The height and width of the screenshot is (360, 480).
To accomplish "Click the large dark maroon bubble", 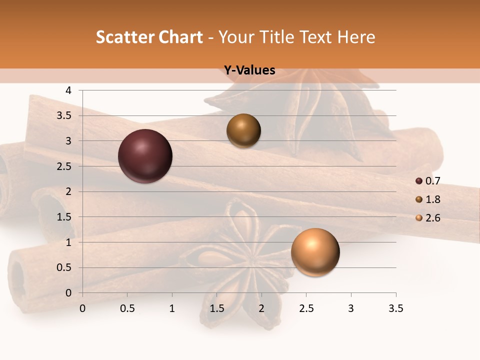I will (145, 156).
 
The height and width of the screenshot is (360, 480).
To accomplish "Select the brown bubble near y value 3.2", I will (243, 130).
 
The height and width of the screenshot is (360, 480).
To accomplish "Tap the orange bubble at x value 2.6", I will (315, 252).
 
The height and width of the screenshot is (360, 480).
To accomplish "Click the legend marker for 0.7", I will (419, 181).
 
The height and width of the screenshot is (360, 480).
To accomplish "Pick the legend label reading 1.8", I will (432, 199).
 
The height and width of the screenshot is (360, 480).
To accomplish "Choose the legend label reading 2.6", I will (432, 218).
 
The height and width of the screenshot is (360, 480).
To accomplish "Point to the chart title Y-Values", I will (249, 70).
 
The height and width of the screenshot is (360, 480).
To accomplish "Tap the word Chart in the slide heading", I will (180, 37).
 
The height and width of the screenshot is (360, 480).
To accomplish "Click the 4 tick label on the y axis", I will (68, 90).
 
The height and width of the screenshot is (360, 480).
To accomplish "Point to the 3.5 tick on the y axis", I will (64, 116).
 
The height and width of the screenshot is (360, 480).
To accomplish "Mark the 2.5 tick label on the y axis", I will (64, 166).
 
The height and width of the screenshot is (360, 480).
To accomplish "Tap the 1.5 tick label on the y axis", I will (64, 217).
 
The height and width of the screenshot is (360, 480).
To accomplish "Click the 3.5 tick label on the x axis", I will (395, 308).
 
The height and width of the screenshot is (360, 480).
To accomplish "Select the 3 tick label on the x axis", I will (351, 308).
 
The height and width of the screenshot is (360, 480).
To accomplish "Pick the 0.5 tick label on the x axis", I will (127, 308).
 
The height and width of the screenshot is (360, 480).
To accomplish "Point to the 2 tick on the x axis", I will (261, 308).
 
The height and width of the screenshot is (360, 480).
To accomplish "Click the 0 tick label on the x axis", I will (82, 308).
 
